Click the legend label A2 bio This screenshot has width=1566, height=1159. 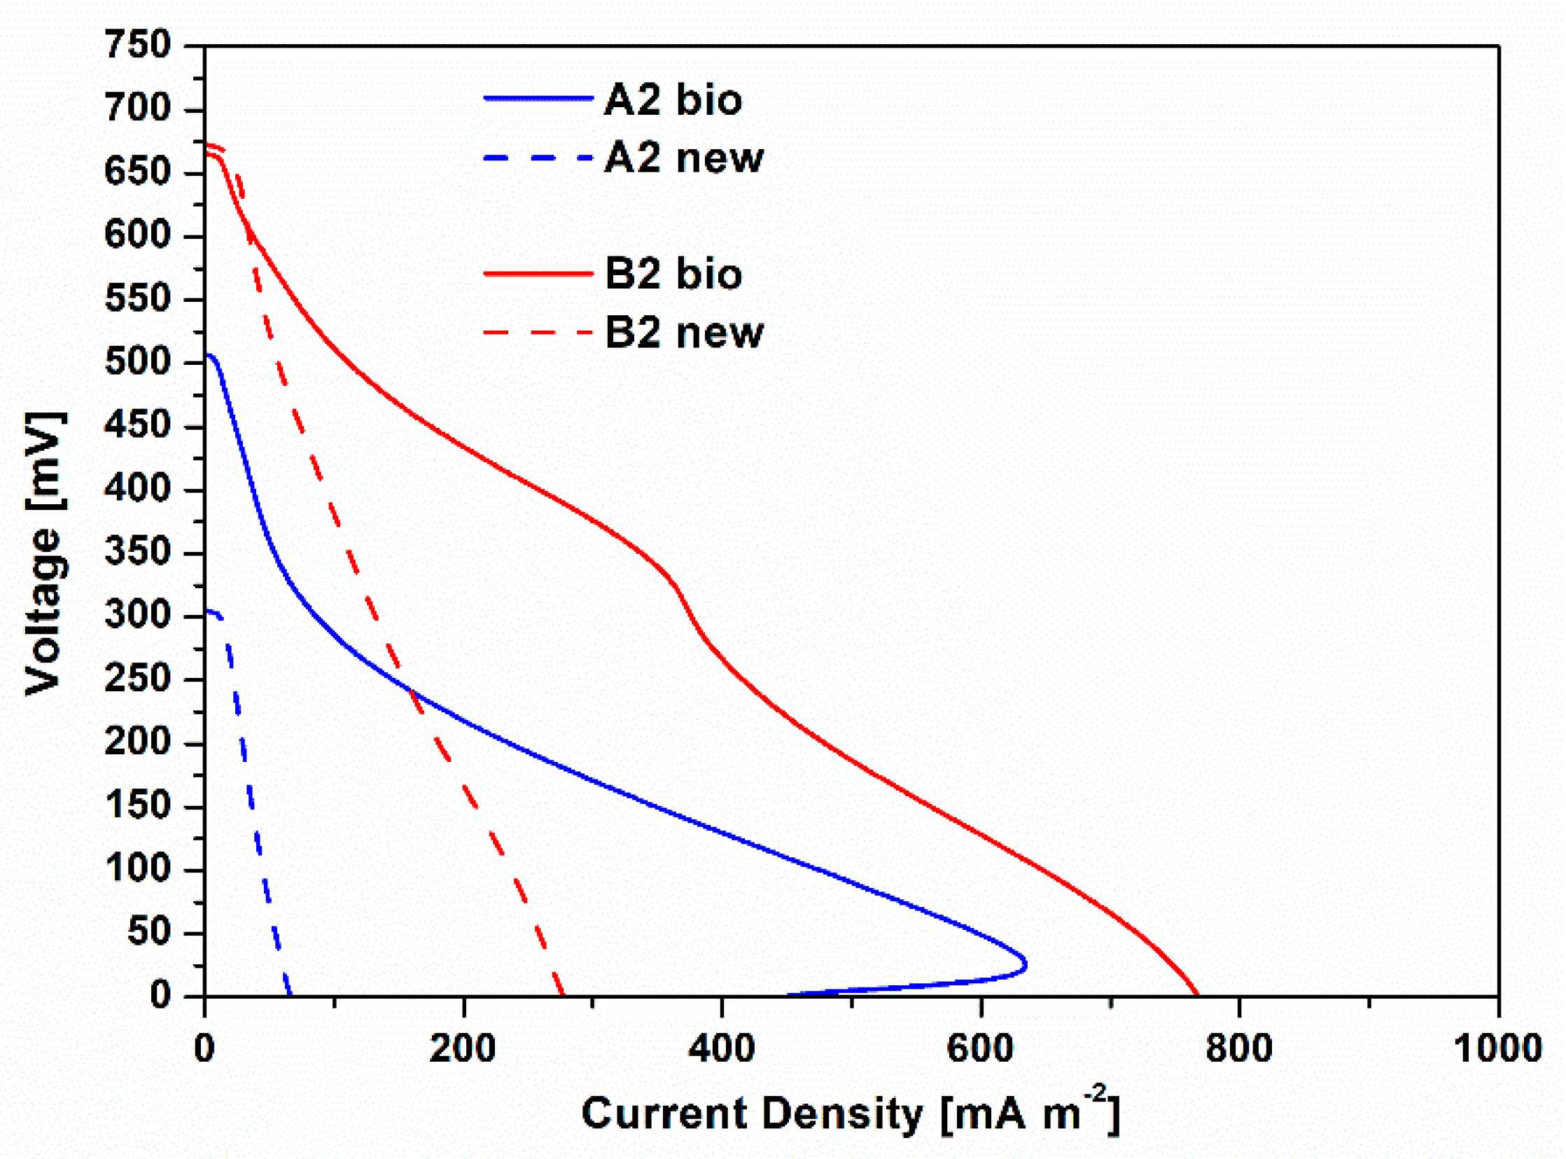[672, 99]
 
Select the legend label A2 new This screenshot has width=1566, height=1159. [683, 158]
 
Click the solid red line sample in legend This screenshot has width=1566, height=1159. [538, 274]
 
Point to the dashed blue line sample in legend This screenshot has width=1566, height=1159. [538, 158]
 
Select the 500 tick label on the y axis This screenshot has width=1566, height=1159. [137, 363]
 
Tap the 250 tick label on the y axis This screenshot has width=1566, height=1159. [137, 679]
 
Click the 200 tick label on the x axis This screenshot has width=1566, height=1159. [463, 1049]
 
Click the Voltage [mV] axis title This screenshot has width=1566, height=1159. [43, 554]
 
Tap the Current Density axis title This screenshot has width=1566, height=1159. [850, 1113]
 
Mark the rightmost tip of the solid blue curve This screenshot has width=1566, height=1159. [1026, 964]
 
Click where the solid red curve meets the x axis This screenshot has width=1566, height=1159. [1196, 994]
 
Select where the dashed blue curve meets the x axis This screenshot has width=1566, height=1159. [290, 994]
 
